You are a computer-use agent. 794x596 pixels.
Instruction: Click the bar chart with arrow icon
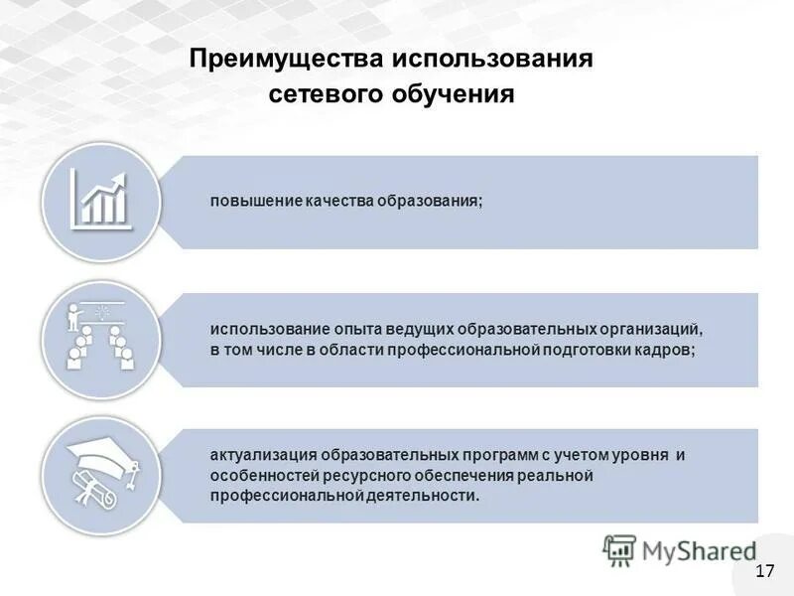click(x=100, y=200)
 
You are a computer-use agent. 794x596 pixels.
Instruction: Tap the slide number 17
click(x=764, y=570)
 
